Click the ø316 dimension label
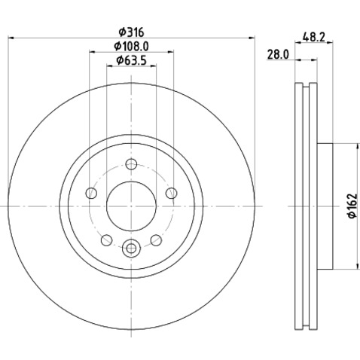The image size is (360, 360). click(x=131, y=32)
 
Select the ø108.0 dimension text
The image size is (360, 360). click(x=131, y=46)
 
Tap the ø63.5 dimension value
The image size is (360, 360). click(x=131, y=60)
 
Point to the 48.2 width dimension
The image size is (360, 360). click(x=314, y=38)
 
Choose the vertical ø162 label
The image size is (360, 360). click(x=352, y=206)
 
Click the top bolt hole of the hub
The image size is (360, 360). click(x=131, y=164)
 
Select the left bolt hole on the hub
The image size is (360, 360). click(x=91, y=193)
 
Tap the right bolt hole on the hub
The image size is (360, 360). click(x=171, y=193)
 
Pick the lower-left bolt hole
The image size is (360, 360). click(x=106, y=240)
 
